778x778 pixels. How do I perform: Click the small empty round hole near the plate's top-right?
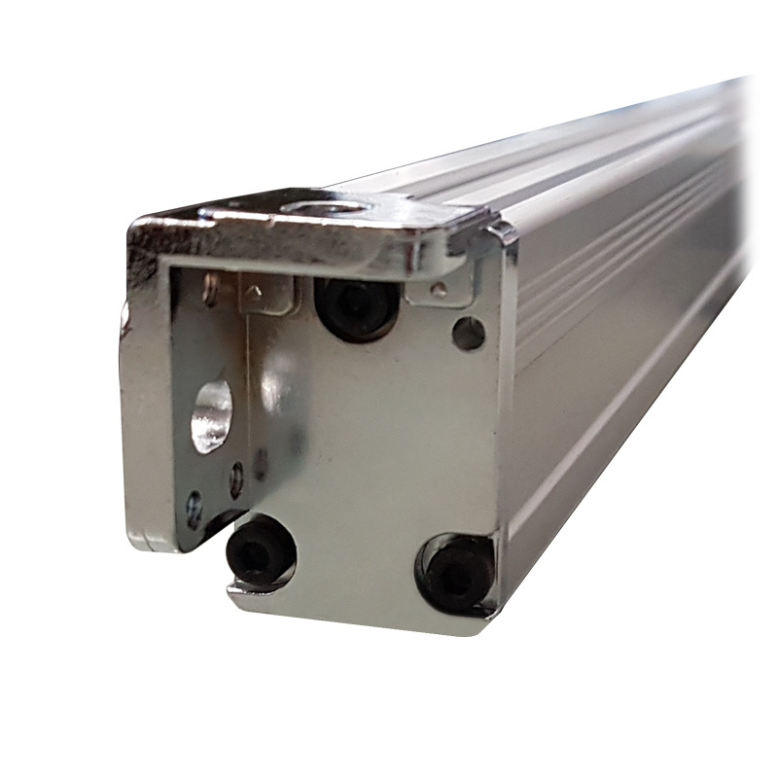coord(468,334)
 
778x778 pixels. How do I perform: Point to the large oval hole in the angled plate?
coord(212,416)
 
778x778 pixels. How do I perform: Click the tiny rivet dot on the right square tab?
coord(440,289)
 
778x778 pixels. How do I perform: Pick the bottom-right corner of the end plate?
coord(486,622)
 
